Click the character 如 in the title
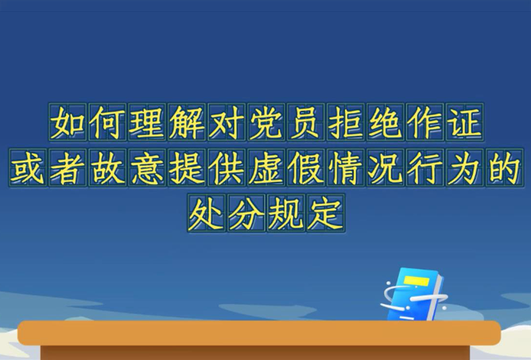[x=68, y=122]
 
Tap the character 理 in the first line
[x=147, y=122]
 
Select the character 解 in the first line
[x=187, y=122]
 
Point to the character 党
[x=267, y=122]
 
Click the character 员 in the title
[x=306, y=122]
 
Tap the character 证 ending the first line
[x=465, y=122]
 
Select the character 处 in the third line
[x=207, y=213]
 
